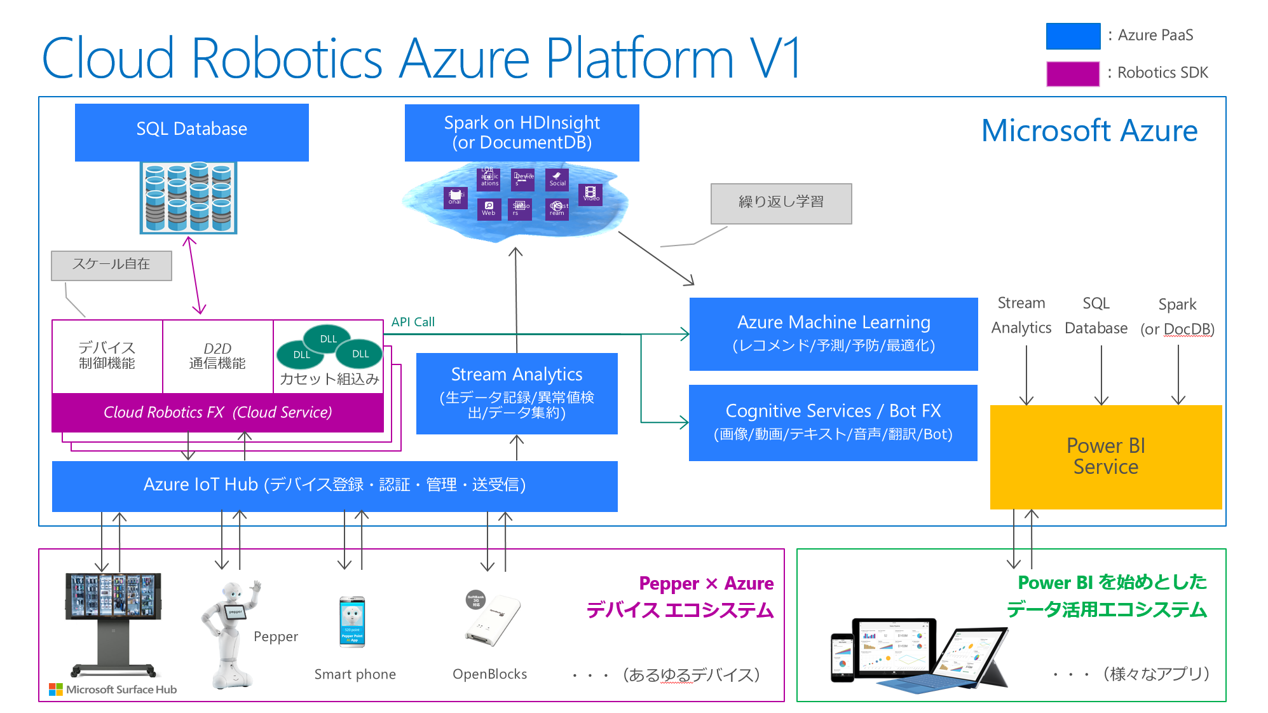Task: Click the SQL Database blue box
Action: point(191,132)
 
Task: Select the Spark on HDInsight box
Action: point(521,132)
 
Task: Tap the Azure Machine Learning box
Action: point(833,333)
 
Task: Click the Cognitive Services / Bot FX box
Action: point(833,422)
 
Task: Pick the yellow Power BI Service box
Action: point(1105,457)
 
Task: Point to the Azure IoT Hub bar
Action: point(334,485)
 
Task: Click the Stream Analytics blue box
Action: point(516,393)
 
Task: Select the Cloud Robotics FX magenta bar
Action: point(217,412)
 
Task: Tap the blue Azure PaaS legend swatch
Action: point(1072,36)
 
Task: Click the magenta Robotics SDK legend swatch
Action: point(1072,73)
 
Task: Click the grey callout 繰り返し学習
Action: point(781,203)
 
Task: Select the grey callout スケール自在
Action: point(111,265)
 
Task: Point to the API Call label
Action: point(412,322)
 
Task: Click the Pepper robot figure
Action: point(229,633)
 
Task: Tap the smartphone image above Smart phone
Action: point(352,621)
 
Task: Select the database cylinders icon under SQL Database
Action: point(188,197)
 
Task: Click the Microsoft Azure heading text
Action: point(1089,130)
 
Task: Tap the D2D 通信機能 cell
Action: point(217,356)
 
